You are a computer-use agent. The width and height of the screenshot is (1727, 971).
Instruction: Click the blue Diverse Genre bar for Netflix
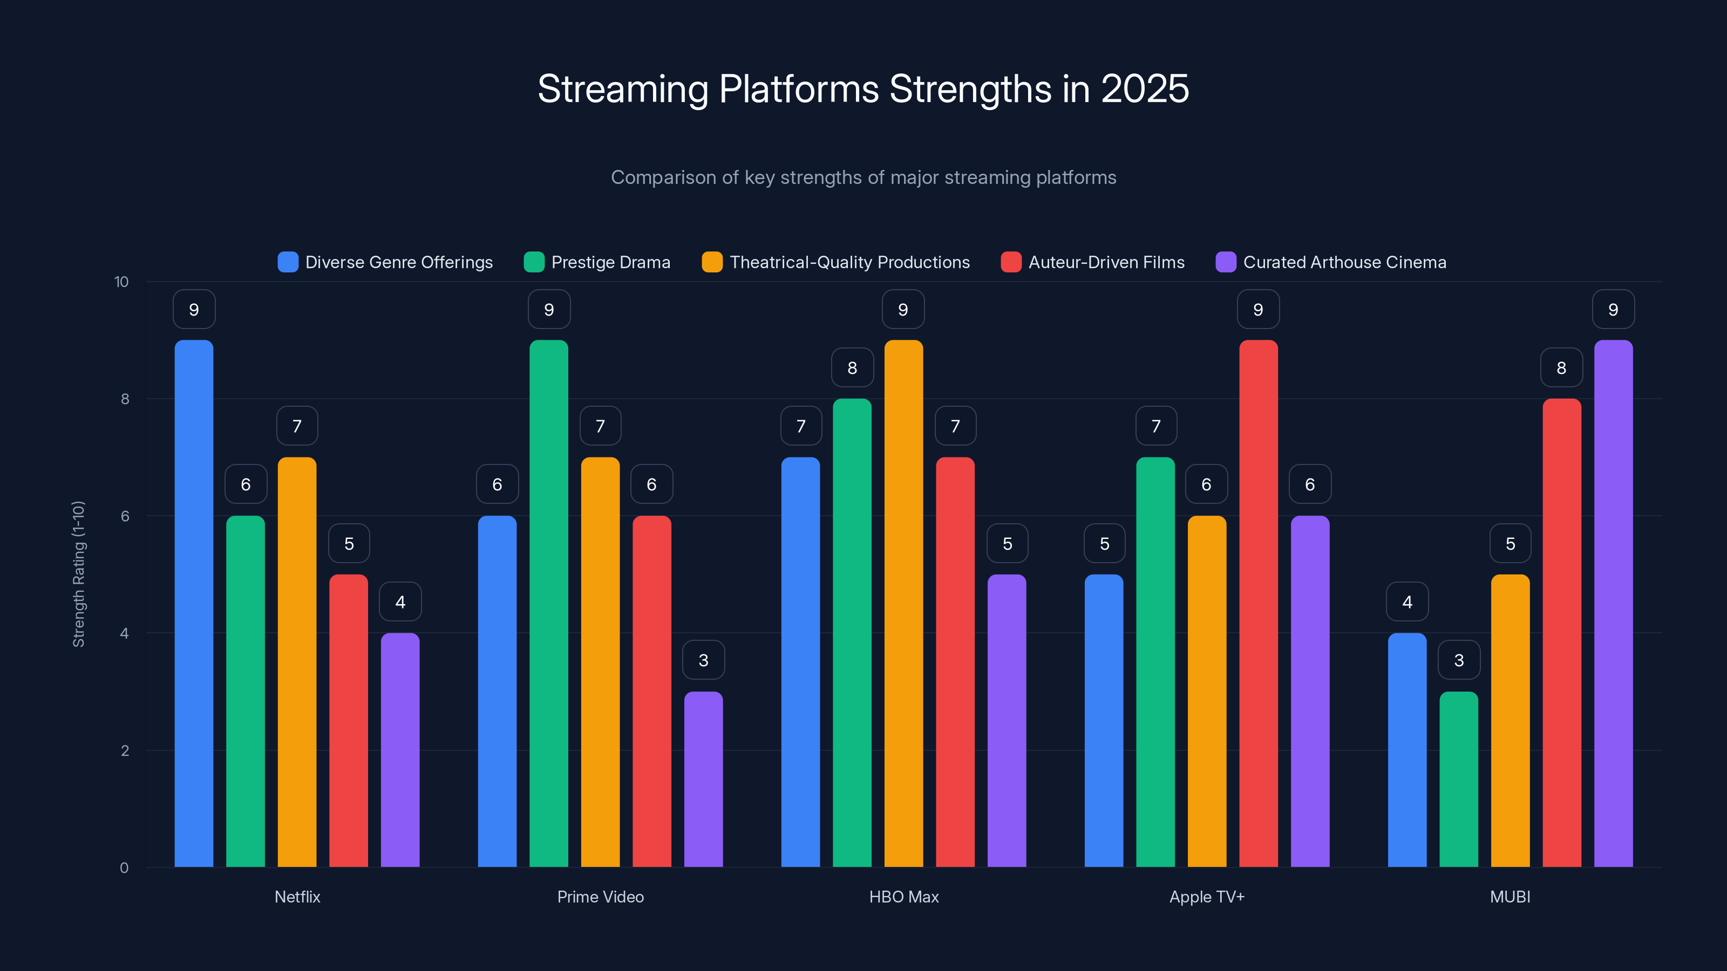(194, 603)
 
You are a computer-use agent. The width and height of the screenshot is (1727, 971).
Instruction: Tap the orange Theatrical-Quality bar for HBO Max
(903, 603)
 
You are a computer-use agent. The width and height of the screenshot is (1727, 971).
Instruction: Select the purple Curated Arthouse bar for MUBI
(1613, 603)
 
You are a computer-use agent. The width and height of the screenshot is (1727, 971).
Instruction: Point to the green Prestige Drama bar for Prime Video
(548, 603)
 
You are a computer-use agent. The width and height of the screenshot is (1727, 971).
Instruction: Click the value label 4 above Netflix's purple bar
(400, 602)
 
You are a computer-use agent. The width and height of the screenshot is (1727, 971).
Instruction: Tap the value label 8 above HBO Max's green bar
(852, 367)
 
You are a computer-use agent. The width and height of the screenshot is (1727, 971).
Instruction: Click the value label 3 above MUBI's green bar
(1459, 660)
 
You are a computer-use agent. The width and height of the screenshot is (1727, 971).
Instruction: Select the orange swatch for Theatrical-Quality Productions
(712, 262)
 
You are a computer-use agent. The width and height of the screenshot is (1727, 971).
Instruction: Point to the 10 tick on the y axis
(121, 282)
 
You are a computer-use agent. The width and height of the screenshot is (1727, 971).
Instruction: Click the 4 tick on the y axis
(124, 633)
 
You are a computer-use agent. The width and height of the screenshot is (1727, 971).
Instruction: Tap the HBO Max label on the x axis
(903, 897)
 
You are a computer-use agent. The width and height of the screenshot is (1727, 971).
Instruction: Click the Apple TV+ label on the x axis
(1206, 897)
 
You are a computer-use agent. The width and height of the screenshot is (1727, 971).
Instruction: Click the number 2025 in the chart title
(1144, 89)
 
